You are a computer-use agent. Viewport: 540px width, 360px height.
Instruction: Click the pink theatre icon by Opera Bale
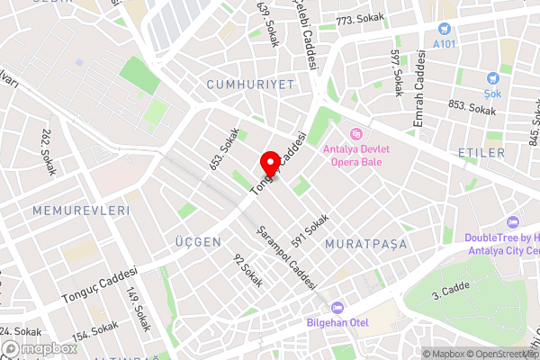coord(356,132)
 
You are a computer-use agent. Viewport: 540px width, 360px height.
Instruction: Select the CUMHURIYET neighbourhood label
coord(250,84)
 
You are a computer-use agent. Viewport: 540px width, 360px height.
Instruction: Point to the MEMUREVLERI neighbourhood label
coord(81,210)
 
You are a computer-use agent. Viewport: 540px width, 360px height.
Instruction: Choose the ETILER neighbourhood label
coord(481,153)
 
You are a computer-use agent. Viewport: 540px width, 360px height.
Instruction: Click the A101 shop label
coord(444,43)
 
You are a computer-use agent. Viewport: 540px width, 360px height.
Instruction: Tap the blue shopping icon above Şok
coord(493,78)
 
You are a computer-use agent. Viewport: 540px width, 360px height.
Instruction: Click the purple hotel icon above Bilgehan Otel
coord(337,306)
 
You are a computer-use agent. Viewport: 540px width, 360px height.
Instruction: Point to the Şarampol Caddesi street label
coord(287,256)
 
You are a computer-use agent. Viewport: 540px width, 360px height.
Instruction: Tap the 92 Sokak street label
coord(248,270)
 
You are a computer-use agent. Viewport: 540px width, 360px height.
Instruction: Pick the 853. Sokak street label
coord(472,108)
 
